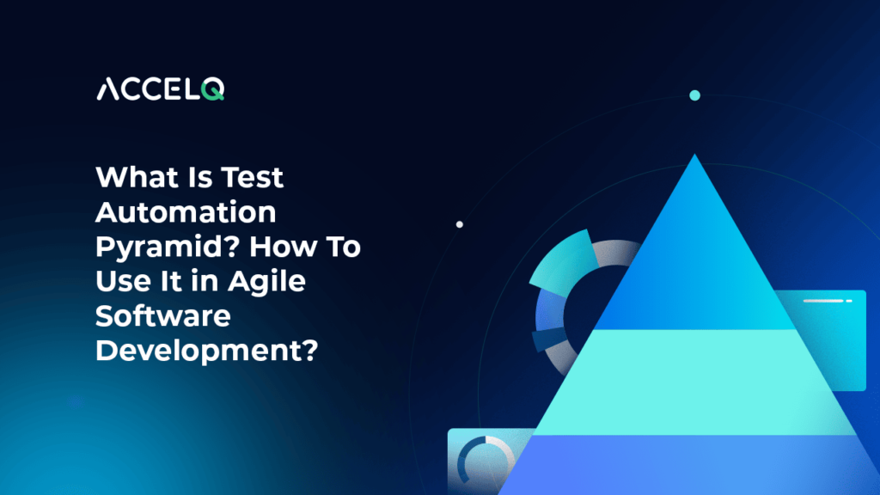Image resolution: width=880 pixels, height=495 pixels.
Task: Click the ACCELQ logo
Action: point(160,89)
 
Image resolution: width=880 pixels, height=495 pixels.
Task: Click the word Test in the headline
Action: point(249,179)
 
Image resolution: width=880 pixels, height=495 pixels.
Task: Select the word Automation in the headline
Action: point(186,213)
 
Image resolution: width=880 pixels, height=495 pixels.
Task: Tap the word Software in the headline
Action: point(163,316)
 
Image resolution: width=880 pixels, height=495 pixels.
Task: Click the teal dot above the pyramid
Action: point(694,95)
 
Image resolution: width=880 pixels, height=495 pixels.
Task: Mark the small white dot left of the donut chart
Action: point(460,224)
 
